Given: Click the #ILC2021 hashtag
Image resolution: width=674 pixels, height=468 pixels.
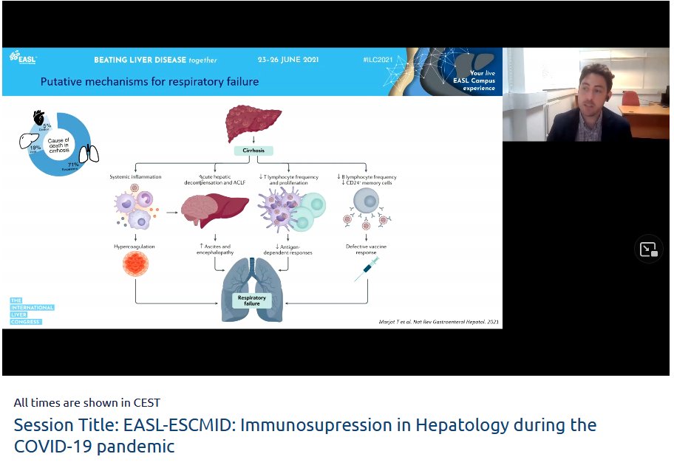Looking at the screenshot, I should [379, 60].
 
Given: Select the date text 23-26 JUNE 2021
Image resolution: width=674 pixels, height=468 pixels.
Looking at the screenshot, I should [288, 60].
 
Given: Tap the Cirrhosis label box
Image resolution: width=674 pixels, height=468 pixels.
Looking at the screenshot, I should [253, 151].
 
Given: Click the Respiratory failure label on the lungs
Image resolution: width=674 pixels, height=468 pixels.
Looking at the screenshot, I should [253, 300].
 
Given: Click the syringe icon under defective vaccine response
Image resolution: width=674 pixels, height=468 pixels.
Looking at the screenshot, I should [367, 269].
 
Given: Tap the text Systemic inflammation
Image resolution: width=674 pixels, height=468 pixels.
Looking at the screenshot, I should [135, 177].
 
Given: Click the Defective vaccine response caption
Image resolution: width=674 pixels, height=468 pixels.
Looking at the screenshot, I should [367, 249].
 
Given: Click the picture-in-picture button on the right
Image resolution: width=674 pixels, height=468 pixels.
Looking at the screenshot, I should [648, 250].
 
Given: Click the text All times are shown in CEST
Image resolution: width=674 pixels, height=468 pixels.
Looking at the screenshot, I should [87, 403].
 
